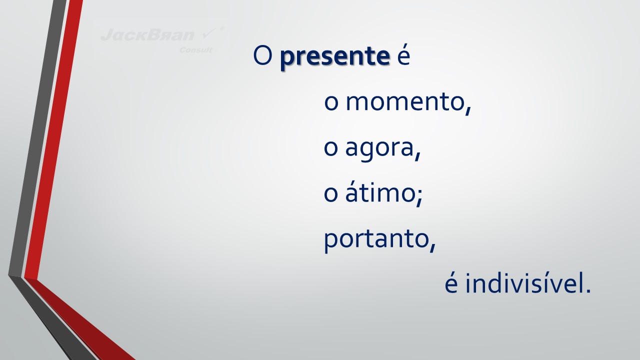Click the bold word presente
pos(335,56)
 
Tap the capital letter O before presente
pos(262,55)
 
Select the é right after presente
pos(403,55)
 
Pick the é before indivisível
pos(451,283)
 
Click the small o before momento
pos(331,103)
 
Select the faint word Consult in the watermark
pos(195,50)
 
